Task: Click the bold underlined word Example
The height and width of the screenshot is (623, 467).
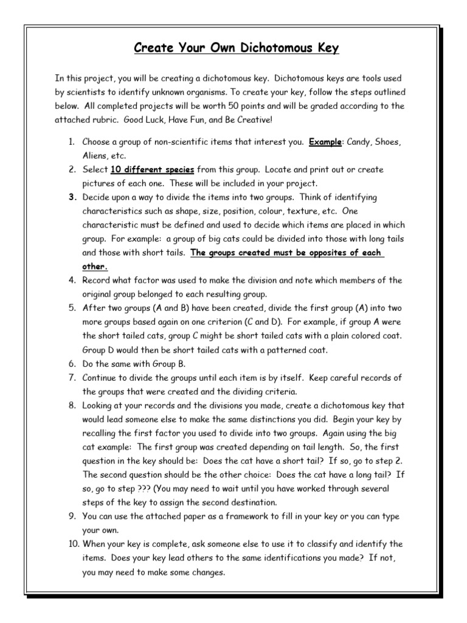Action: (325, 142)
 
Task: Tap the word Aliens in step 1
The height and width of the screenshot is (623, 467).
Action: (95, 156)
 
